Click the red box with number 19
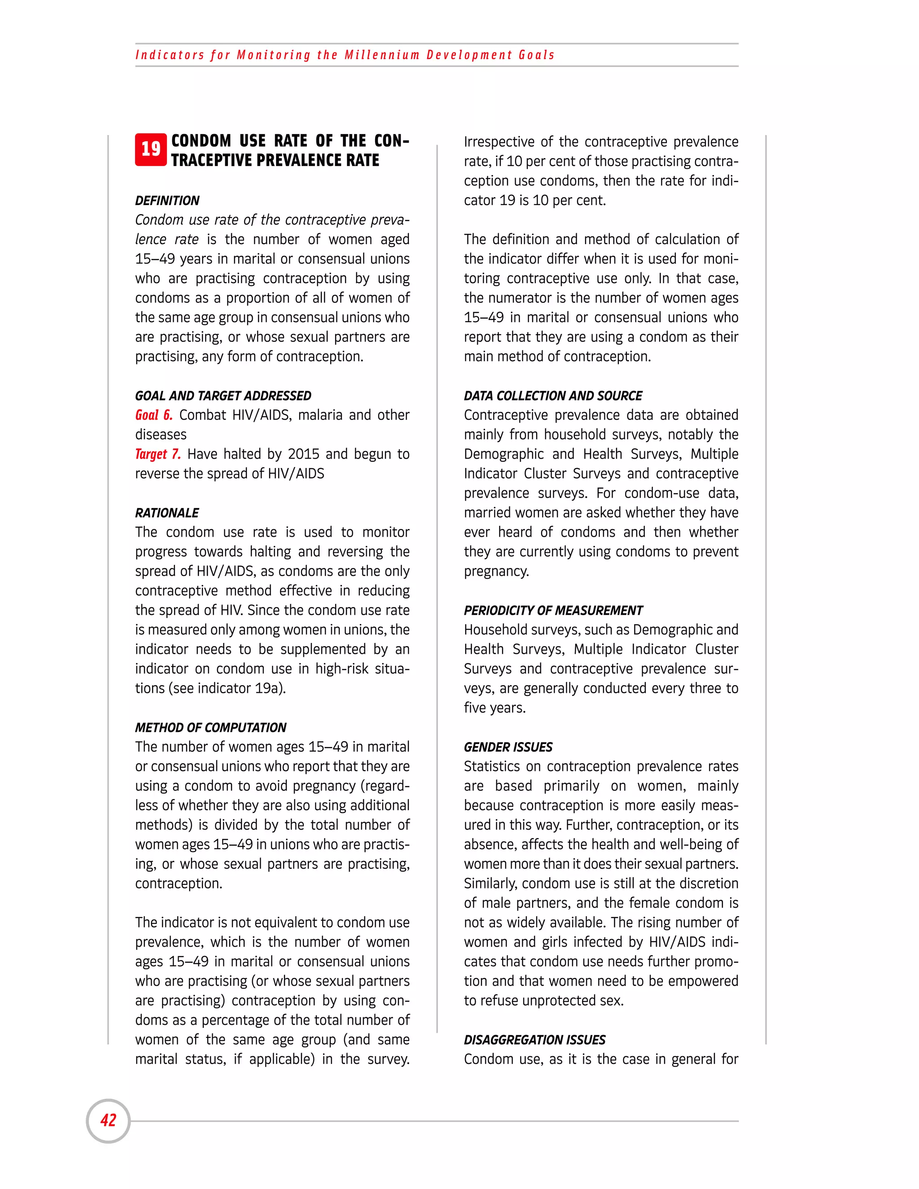[151, 149]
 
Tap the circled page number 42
[108, 1120]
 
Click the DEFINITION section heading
[167, 201]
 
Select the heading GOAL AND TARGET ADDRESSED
[223, 396]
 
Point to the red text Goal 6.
[153, 415]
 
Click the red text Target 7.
[158, 454]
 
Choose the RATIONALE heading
[166, 513]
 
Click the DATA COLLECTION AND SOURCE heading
[552, 396]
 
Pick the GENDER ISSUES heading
[508, 747]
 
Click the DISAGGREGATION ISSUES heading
[534, 1040]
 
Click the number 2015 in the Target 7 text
[303, 454]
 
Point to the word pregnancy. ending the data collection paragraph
[496, 571]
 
